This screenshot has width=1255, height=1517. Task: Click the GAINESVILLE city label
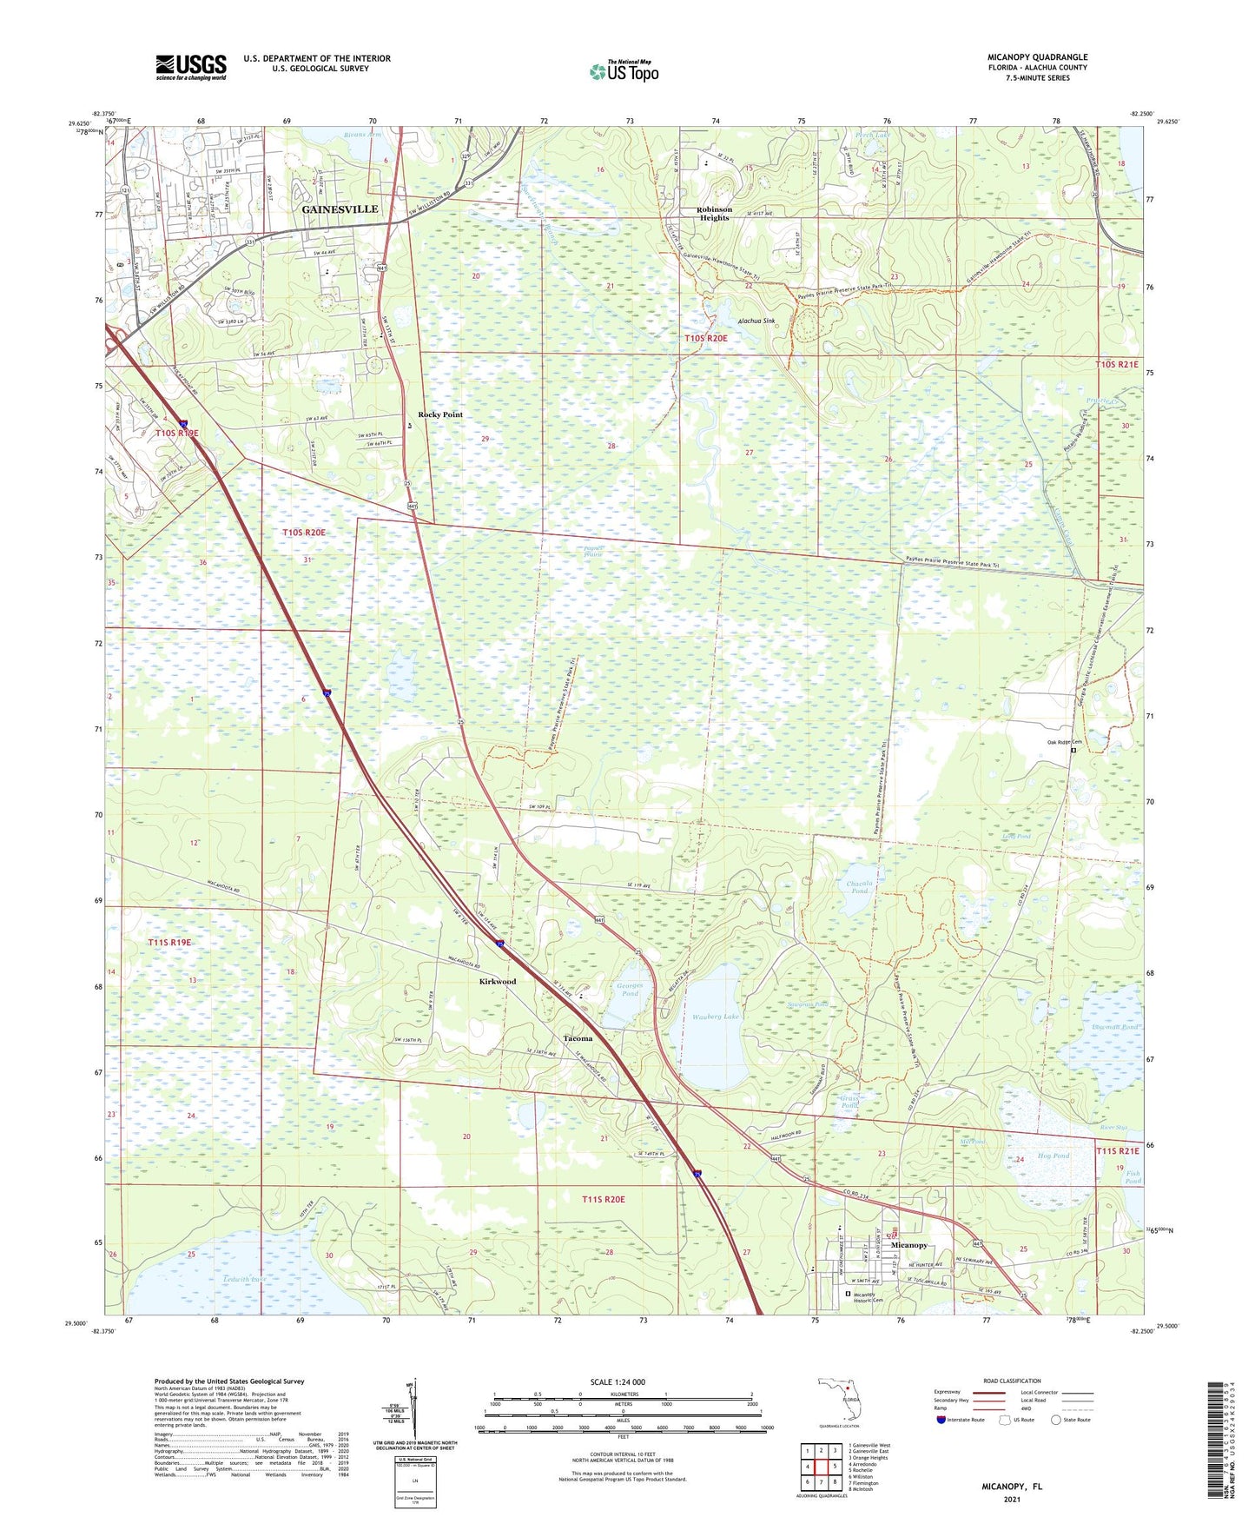[x=340, y=209]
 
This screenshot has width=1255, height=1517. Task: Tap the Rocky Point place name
[x=440, y=414]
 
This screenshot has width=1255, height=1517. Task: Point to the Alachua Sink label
[x=756, y=321]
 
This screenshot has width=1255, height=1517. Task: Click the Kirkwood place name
[x=498, y=981]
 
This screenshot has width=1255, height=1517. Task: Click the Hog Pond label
[x=1053, y=1156]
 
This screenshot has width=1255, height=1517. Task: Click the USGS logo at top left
[x=191, y=67]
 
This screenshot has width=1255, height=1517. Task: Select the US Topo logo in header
[x=624, y=70]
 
